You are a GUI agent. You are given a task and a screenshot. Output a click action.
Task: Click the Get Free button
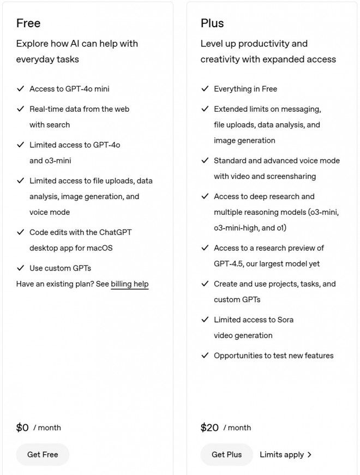tap(43, 454)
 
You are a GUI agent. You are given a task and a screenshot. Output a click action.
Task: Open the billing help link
tap(130, 284)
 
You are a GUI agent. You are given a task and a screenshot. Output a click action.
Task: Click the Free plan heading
tap(28, 23)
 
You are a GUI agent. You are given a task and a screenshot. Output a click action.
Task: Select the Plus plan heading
tap(212, 23)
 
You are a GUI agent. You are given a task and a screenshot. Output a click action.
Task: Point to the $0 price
tap(22, 428)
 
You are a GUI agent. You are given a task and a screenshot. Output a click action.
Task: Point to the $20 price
tap(209, 428)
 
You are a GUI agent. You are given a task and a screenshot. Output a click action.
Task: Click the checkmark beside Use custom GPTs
tap(21, 268)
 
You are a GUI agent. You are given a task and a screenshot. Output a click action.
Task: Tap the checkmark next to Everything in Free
tap(205, 89)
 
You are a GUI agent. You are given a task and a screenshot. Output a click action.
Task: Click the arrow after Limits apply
tap(310, 454)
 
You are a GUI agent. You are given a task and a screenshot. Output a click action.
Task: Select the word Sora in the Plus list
tap(283, 320)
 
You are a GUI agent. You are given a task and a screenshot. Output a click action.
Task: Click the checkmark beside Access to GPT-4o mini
tap(21, 89)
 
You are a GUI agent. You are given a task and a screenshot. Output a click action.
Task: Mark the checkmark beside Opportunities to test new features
tap(205, 356)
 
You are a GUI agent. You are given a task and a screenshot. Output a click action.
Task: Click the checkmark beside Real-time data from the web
tap(21, 109)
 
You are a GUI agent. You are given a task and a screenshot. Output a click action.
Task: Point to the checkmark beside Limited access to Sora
tap(205, 320)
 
